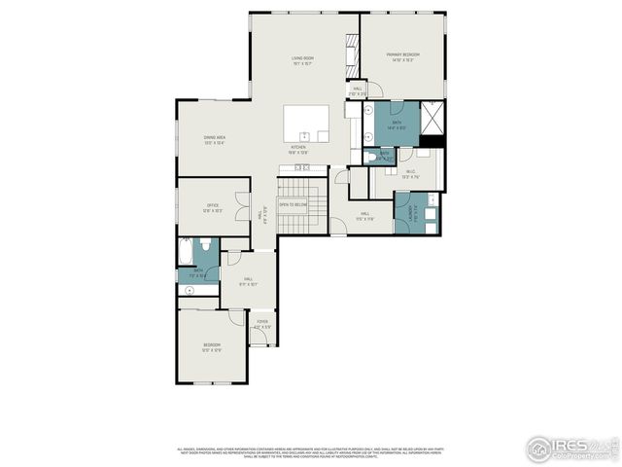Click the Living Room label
pyautogui.click(x=301, y=59)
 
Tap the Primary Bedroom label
pyautogui.click(x=403, y=56)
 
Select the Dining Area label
pyautogui.click(x=215, y=139)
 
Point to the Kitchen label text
pyautogui.click(x=297, y=149)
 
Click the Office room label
pyautogui.click(x=213, y=207)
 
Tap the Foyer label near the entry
pyautogui.click(x=262, y=324)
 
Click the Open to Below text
pyautogui.click(x=293, y=205)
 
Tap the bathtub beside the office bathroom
pyautogui.click(x=186, y=254)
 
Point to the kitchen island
pyautogui.click(x=305, y=125)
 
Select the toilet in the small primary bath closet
pyautogui.click(x=370, y=156)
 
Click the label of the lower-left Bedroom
pyautogui.click(x=212, y=346)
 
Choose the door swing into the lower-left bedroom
pyautogui.click(x=237, y=318)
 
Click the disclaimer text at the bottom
pyautogui.click(x=310, y=452)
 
